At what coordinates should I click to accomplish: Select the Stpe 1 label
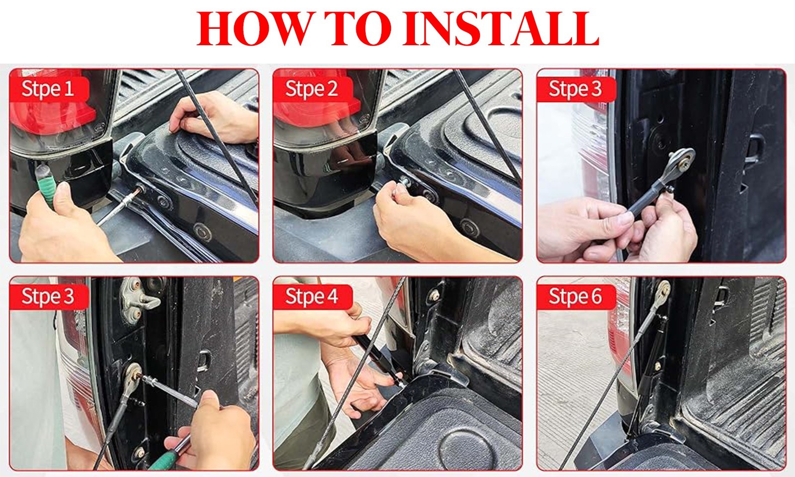coord(48,89)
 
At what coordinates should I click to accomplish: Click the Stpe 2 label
coord(311,89)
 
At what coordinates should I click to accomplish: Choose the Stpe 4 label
coord(311,296)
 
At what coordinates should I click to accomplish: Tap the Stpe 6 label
coord(575,296)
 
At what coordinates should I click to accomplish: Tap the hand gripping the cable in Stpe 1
coord(213,117)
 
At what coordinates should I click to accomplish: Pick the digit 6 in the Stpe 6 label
coord(596,296)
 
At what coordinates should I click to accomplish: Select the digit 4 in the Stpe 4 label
coord(332,296)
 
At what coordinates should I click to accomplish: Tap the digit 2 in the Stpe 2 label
coord(332,89)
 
